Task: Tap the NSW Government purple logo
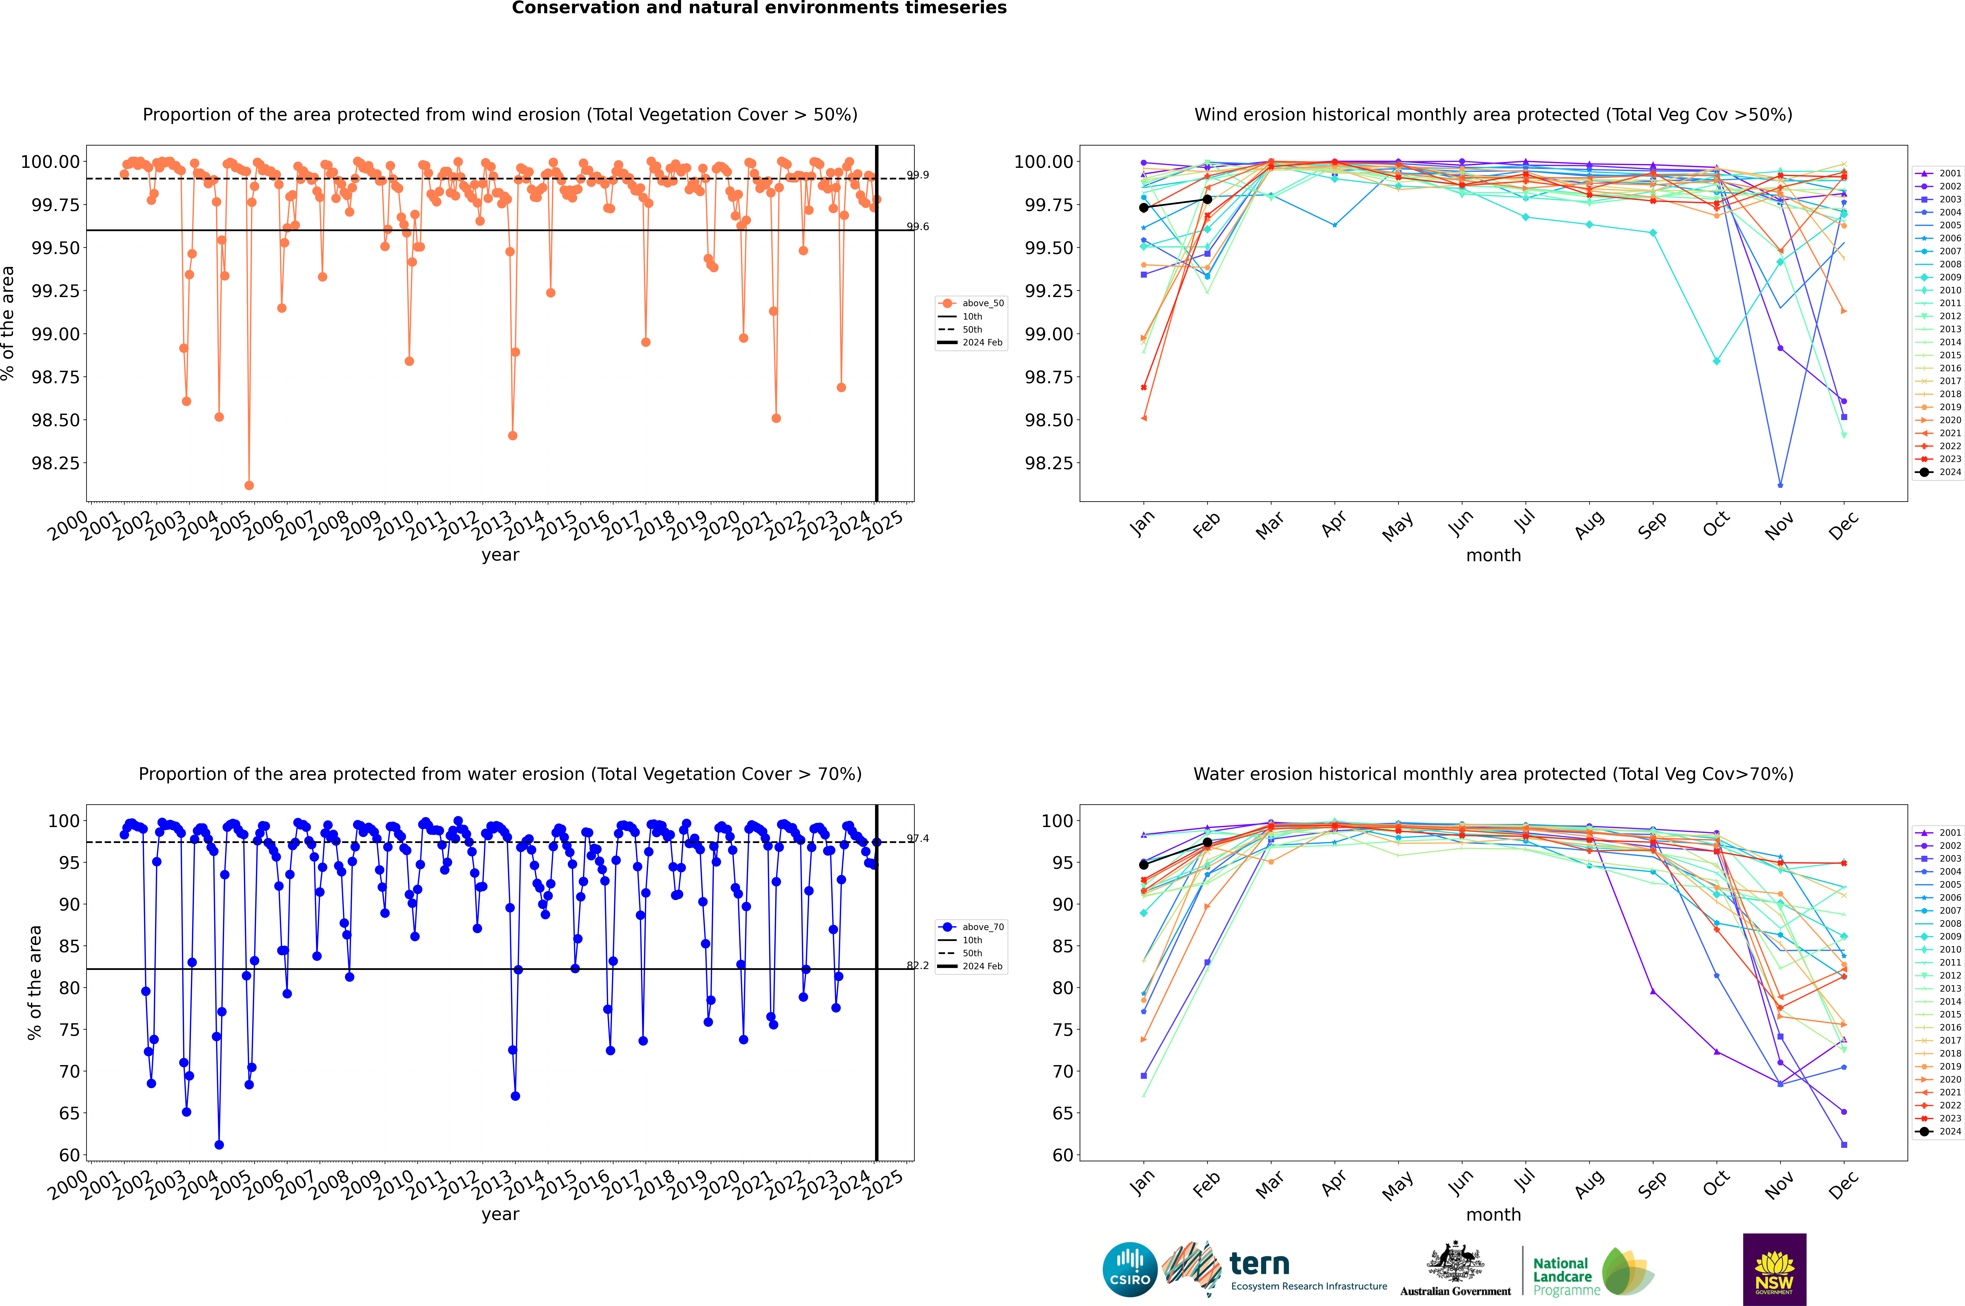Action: (1774, 1269)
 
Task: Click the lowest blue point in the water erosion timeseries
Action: (219, 1144)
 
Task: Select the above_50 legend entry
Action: (971, 303)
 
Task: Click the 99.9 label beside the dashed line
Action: (918, 175)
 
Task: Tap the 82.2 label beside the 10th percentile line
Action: (918, 965)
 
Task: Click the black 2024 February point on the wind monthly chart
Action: (1207, 199)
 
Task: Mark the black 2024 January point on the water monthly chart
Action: (1144, 864)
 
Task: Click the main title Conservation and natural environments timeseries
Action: (759, 8)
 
